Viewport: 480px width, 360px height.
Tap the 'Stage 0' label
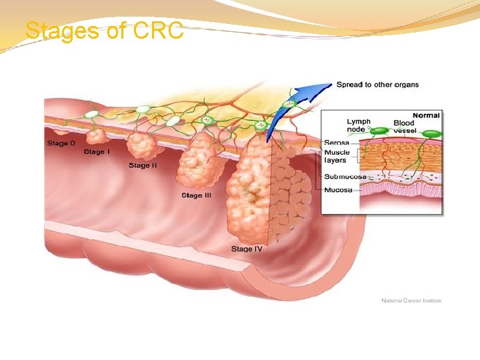point(61,143)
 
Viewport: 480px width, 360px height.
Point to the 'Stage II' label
point(143,165)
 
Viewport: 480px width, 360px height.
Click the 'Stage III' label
point(196,195)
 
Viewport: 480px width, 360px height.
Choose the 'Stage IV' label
point(247,249)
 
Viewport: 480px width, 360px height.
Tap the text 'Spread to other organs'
point(377,85)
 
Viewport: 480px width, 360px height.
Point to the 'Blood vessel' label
point(404,127)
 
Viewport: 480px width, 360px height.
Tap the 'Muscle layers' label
point(337,156)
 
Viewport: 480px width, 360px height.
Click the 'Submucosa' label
point(345,177)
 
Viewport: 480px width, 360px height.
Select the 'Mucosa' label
point(338,190)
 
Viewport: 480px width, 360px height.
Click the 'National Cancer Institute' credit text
point(411,301)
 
